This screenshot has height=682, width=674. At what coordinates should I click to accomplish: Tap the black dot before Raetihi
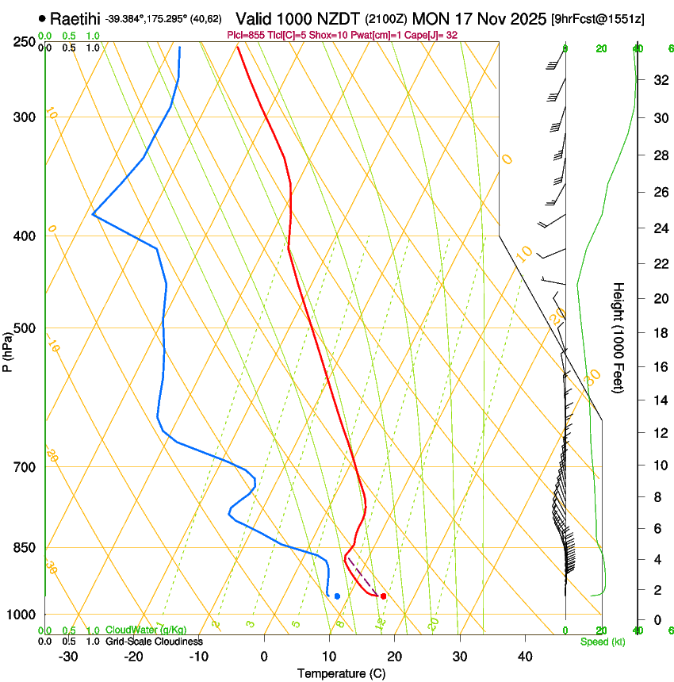(42, 17)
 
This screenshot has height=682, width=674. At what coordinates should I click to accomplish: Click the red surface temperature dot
(383, 596)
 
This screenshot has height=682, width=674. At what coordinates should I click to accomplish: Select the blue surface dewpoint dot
(337, 596)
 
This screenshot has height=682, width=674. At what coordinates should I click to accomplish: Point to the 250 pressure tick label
(25, 41)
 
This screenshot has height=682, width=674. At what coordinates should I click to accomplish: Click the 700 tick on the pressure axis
(25, 467)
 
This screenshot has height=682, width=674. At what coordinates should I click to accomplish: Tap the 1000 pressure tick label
(21, 615)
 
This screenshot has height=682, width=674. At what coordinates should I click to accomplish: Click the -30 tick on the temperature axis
(68, 657)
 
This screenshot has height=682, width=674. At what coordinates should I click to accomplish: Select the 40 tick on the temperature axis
(525, 657)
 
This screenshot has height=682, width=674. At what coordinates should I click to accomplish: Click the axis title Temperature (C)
(341, 673)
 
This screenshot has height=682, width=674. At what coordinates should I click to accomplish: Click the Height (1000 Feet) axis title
(619, 338)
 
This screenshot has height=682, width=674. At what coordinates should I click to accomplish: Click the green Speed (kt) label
(602, 642)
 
